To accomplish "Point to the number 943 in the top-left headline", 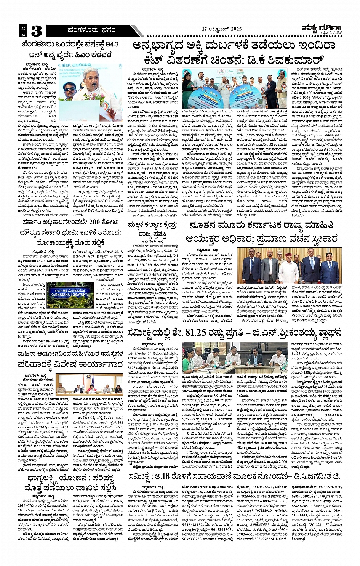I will click(x=112, y=44).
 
